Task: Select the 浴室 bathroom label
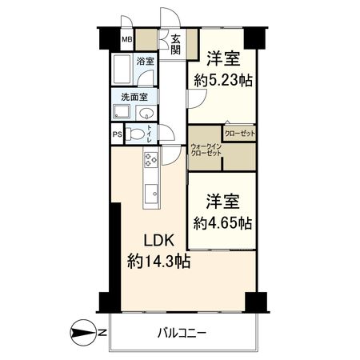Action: click(146, 60)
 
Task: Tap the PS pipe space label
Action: click(118, 135)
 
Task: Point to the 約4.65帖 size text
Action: click(223, 222)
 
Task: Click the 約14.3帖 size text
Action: click(158, 260)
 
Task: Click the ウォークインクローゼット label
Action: click(206, 150)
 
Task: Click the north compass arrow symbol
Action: click(83, 331)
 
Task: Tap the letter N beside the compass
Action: click(102, 331)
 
